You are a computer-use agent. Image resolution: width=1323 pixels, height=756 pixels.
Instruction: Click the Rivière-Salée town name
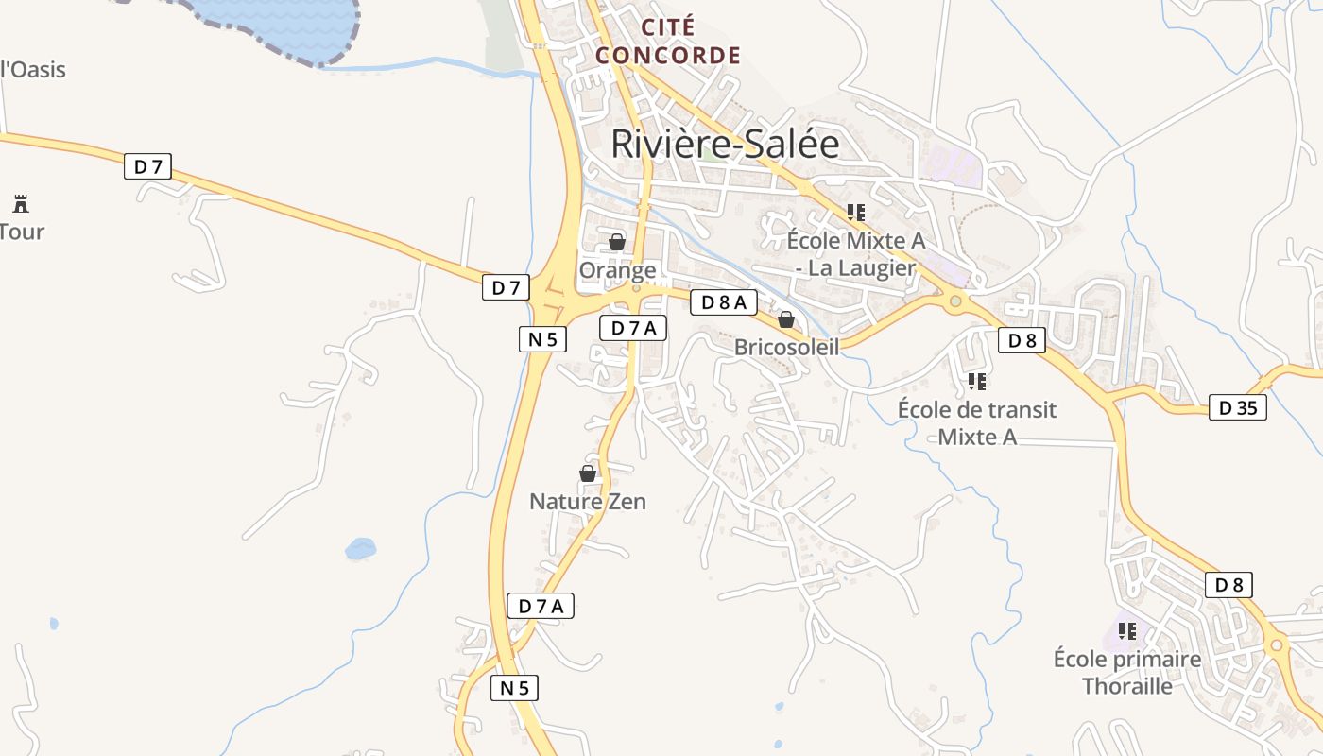(725, 144)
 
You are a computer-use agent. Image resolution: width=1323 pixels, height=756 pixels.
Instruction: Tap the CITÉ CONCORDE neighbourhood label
(668, 41)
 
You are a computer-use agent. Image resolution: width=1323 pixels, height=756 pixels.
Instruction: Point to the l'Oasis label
(33, 69)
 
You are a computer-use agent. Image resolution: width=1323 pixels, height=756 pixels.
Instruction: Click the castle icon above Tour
(21, 202)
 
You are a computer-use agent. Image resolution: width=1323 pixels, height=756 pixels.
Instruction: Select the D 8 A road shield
(724, 302)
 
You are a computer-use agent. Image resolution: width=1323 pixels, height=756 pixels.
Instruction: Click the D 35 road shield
(1238, 408)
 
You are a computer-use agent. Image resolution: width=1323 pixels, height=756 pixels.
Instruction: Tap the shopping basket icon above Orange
(617, 242)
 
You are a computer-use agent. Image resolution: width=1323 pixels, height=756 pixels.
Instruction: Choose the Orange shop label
(617, 270)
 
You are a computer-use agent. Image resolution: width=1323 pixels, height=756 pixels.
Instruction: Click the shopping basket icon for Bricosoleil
(786, 319)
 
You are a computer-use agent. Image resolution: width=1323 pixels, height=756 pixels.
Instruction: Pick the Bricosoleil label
(786, 347)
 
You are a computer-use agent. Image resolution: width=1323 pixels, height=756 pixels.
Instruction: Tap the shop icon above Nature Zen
(588, 473)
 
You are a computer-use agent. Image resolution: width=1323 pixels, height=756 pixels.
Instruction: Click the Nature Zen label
(588, 501)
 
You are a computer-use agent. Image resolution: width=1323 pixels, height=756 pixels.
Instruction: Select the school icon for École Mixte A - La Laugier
(855, 213)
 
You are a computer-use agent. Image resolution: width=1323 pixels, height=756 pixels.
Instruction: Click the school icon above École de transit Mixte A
(977, 382)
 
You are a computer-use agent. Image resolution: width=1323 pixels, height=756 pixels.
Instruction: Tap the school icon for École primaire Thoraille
(1127, 630)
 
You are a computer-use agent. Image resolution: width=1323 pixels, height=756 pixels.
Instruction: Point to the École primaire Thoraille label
(1127, 672)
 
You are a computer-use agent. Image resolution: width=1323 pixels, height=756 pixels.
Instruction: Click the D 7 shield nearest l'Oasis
(148, 167)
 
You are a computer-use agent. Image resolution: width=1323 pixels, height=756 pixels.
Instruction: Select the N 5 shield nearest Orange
(542, 339)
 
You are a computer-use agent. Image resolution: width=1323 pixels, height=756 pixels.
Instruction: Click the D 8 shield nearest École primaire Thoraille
(1228, 585)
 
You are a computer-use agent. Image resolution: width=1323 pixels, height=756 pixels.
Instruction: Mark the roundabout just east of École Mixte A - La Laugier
(955, 301)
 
